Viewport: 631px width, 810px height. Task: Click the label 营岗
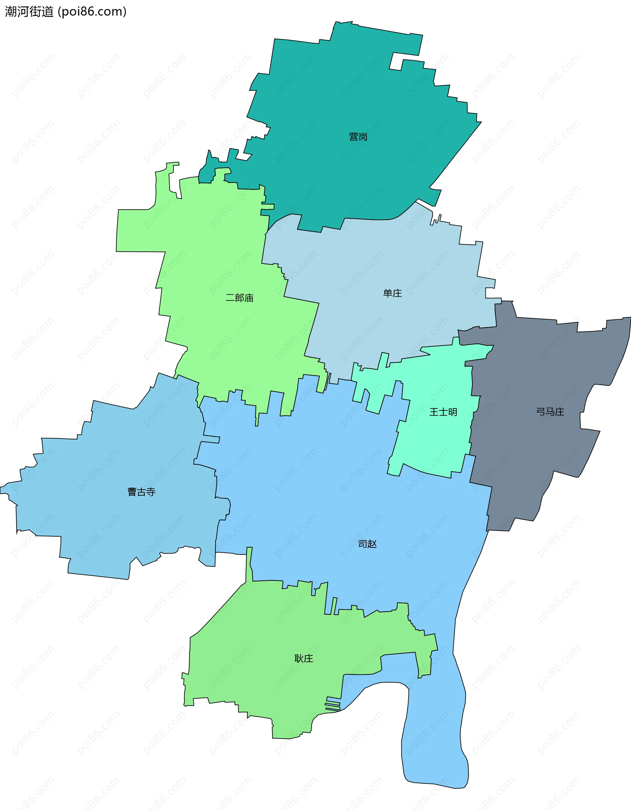click(358, 137)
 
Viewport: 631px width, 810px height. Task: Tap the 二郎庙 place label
click(239, 298)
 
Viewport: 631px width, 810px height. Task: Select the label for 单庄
click(392, 293)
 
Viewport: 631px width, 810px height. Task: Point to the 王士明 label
click(443, 412)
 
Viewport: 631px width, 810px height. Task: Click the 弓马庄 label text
click(550, 412)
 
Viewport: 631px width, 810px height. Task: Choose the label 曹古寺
click(141, 492)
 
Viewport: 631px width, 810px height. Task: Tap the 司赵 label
click(367, 544)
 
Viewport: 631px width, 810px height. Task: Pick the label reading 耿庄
click(303, 658)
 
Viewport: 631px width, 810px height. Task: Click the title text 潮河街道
click(29, 12)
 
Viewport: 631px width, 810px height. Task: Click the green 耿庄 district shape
click(260, 668)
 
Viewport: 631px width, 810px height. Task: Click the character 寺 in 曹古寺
click(151, 492)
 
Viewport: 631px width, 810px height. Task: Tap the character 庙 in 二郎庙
click(249, 298)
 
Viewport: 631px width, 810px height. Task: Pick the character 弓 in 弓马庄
click(541, 412)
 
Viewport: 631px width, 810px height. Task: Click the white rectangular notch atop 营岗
click(396, 61)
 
